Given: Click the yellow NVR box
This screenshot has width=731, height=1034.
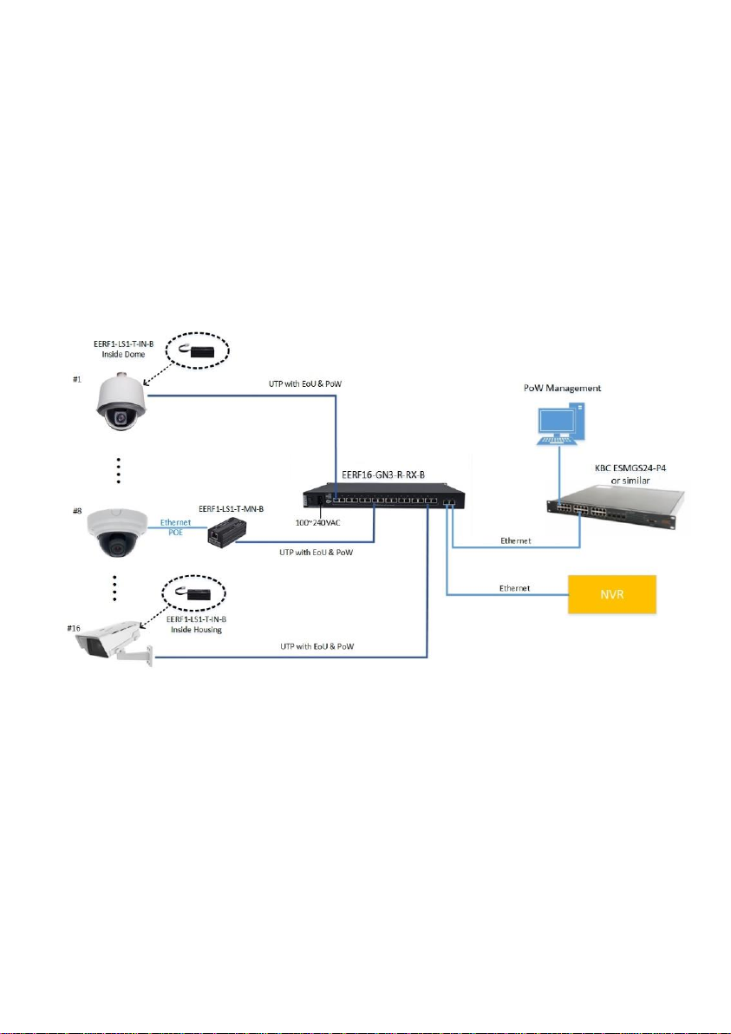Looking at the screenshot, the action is [612, 594].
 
